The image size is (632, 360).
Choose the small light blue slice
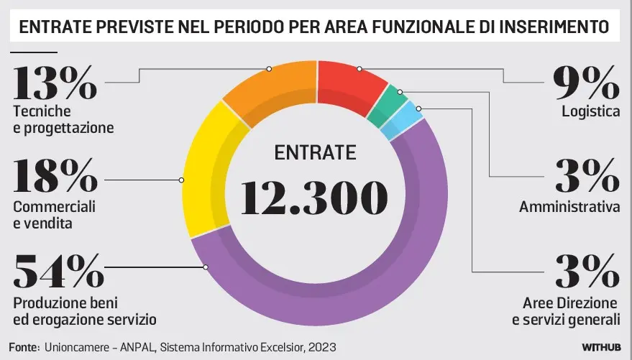pos(408,118)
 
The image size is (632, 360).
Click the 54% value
pos(55,272)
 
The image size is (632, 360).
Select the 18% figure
pos(55,176)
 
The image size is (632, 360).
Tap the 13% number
pos(55,83)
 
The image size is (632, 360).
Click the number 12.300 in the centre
pos(313,195)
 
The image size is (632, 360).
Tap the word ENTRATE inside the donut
pos(315,152)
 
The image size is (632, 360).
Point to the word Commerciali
pos(54,207)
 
